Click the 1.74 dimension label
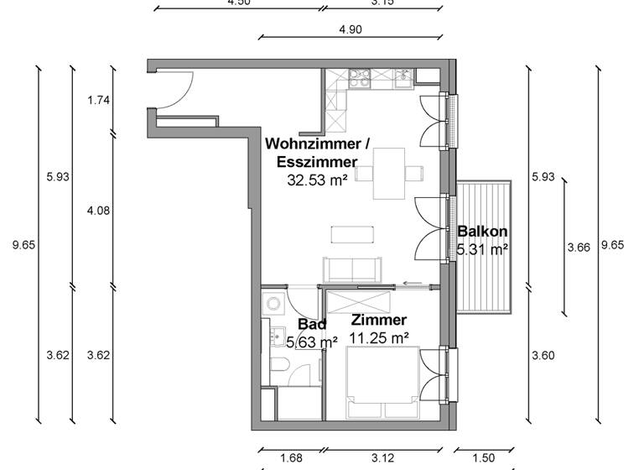99,101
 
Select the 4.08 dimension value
99,211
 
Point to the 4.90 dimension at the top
350,30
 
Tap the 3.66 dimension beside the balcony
579,247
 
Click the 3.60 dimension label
543,355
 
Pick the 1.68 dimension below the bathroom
291,458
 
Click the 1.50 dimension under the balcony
484,458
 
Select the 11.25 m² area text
379,338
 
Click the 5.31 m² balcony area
482,249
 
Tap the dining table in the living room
388,173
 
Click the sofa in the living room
349,269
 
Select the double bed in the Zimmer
383,383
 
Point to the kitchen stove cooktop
361,78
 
